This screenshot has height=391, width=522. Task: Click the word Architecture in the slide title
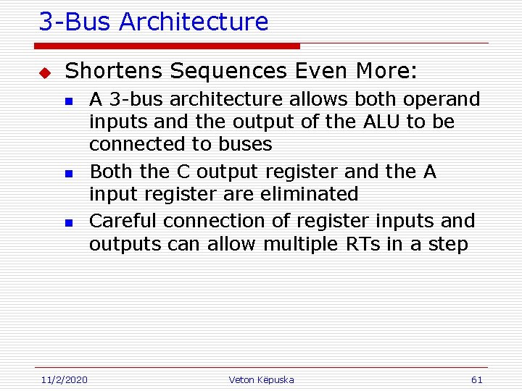click(194, 22)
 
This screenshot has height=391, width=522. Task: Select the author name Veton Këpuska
click(261, 379)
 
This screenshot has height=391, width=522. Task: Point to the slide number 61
click(476, 379)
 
